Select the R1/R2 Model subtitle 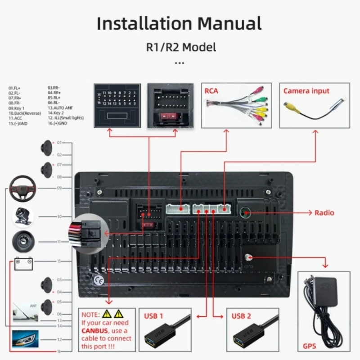pyautogui.click(x=180, y=47)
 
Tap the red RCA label pyautogui.click(x=211, y=91)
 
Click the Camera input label pyautogui.click(x=306, y=91)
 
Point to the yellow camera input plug pyautogui.click(x=288, y=107)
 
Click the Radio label pyautogui.click(x=324, y=212)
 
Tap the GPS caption pyautogui.click(x=309, y=346)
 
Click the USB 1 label pyautogui.click(x=153, y=315)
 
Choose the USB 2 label pyautogui.click(x=242, y=315)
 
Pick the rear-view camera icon pyautogui.click(x=22, y=216)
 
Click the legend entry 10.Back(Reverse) pyautogui.click(x=22, y=113)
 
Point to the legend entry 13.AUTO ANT pyautogui.click(x=60, y=108)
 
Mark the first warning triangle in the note pyautogui.click(x=107, y=314)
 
